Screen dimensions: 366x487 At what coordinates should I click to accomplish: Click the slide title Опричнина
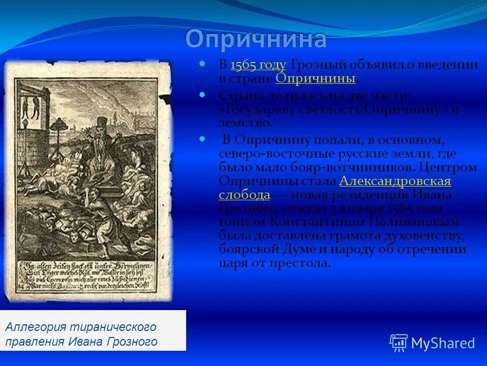click(x=256, y=40)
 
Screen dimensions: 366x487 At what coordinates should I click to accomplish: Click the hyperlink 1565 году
click(x=258, y=65)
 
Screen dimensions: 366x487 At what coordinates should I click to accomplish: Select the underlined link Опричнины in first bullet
click(x=315, y=78)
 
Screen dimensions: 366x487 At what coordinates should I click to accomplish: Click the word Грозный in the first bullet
click(x=315, y=65)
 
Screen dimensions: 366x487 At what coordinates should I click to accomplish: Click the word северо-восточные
click(x=259, y=153)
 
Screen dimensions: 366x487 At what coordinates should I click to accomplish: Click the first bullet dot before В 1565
click(x=202, y=64)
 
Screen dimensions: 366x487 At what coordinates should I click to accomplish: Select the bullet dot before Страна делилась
click(x=202, y=95)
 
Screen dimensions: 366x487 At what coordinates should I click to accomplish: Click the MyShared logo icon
click(x=398, y=343)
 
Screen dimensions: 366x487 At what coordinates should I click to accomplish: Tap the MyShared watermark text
click(x=443, y=343)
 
